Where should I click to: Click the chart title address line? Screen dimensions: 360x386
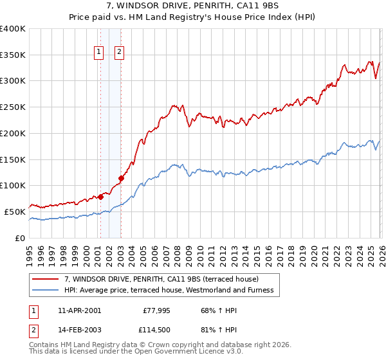pyautogui.click(x=193, y=6)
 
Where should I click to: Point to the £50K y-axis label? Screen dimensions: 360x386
pyautogui.click(x=15, y=212)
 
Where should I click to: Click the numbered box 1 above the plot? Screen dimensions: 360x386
pyautogui.click(x=100, y=53)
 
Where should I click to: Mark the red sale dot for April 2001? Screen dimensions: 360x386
pyautogui.click(x=100, y=197)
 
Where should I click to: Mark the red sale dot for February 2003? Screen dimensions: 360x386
pyautogui.click(x=121, y=178)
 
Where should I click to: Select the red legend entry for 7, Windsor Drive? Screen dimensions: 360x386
pyautogui.click(x=161, y=279)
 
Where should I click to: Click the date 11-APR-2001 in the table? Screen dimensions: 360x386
pyautogui.click(x=79, y=310)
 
